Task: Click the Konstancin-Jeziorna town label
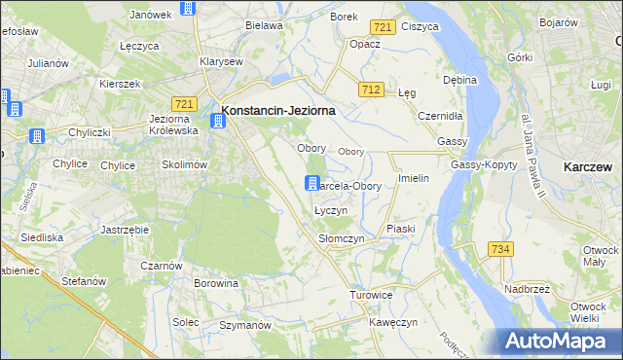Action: pyautogui.click(x=278, y=111)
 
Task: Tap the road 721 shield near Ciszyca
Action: pyautogui.click(x=384, y=28)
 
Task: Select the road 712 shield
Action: pyautogui.click(x=370, y=90)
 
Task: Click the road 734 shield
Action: pyautogui.click(x=500, y=250)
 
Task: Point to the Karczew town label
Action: pyautogui.click(x=588, y=167)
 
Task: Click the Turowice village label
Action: pyautogui.click(x=372, y=294)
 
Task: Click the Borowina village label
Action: pyautogui.click(x=216, y=284)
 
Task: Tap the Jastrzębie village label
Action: pyautogui.click(x=125, y=230)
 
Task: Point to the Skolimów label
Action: pyautogui.click(x=185, y=165)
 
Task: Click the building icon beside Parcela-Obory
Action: pyautogui.click(x=312, y=182)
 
